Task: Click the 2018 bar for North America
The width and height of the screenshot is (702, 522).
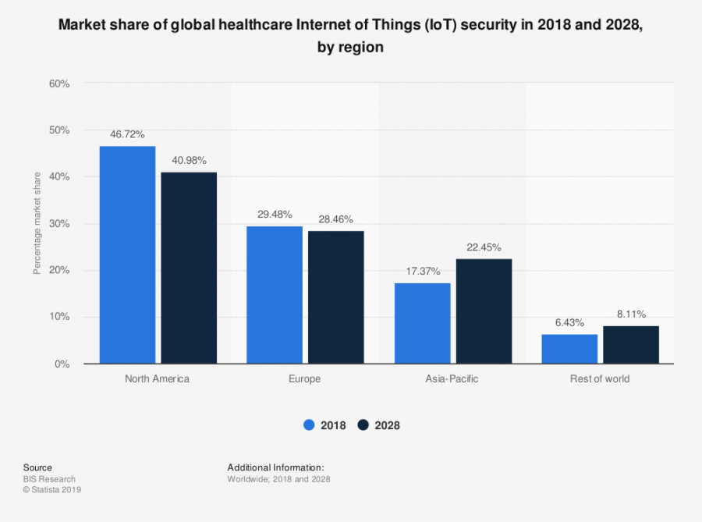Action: [127, 255]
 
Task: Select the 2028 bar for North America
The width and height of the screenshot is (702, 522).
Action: [189, 268]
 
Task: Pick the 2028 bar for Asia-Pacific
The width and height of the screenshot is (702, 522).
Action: [484, 311]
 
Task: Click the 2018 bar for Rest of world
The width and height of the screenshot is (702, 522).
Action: [569, 349]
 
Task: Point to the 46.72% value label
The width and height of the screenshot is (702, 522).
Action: [127, 134]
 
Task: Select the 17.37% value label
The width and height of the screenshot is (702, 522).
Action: [422, 271]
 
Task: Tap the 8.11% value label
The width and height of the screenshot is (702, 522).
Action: [631, 314]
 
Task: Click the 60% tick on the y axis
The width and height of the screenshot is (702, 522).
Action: [59, 83]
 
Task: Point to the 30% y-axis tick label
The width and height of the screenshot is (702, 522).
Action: [59, 224]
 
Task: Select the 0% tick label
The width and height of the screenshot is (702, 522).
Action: [62, 364]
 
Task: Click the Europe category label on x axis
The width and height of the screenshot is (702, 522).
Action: [305, 379]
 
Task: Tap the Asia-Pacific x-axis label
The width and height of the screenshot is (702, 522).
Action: [452, 379]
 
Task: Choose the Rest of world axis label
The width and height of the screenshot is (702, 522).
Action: [600, 379]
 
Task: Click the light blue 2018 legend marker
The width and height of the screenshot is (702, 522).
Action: [309, 425]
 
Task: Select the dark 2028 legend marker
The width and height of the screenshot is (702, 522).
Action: [363, 425]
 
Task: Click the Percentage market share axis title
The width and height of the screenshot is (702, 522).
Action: [36, 223]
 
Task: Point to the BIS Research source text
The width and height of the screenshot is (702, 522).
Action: [49, 479]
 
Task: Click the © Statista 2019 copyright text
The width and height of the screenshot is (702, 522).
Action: [52, 490]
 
